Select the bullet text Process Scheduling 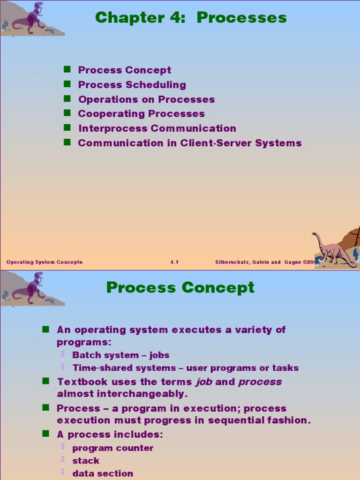pos(132,85)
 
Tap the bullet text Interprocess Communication pos(157,128)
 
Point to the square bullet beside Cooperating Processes pos(67,113)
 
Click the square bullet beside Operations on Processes pos(67,98)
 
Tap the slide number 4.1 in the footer pos(174,262)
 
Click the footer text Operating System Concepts pos(45,262)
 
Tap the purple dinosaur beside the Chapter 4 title pos(31,18)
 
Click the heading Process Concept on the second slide pos(180,287)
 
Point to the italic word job pos(204,382)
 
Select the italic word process pos(260,382)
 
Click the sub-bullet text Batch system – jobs pos(121,355)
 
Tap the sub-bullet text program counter pos(112,448)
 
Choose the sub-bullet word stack pos(86,461)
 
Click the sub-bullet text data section pos(103,473)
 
